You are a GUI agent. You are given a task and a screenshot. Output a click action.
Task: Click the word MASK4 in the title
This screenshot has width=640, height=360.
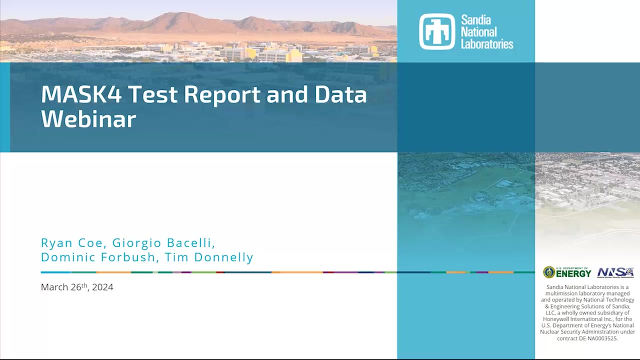(81, 94)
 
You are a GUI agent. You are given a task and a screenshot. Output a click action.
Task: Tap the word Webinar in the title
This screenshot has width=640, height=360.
(88, 119)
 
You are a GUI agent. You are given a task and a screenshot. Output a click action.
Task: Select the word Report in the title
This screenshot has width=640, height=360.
(222, 94)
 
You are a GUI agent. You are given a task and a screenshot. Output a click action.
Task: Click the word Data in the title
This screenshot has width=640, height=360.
(340, 94)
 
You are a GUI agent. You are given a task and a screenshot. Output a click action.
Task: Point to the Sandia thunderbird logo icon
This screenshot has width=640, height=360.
(437, 31)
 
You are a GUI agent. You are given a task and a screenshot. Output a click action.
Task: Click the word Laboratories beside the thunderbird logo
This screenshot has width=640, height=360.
(487, 44)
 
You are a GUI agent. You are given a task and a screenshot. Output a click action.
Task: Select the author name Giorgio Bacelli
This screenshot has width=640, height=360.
(163, 243)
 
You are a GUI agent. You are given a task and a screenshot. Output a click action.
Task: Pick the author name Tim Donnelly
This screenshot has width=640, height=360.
(209, 257)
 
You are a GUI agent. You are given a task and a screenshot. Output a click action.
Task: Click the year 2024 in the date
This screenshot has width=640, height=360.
(102, 287)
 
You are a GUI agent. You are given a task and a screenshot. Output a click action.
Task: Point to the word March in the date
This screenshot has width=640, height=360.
(54, 287)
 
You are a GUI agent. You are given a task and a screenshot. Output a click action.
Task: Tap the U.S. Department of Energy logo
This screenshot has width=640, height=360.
(567, 272)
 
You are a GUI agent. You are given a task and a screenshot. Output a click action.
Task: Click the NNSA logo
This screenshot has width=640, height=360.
(615, 272)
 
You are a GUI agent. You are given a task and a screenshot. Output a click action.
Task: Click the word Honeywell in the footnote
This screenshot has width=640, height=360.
(556, 319)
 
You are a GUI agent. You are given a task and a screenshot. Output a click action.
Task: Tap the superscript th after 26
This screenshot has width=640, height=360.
(84, 284)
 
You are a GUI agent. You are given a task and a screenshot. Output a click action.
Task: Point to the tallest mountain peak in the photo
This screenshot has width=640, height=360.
(181, 13)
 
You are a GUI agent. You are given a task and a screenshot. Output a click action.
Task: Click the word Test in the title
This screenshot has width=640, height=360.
(153, 94)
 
